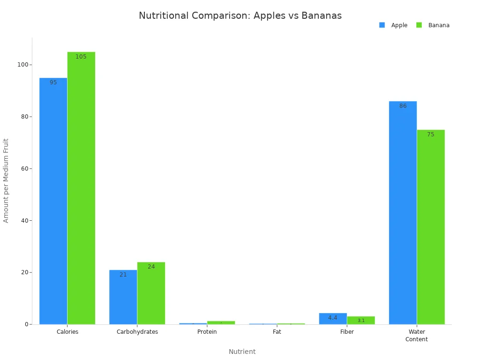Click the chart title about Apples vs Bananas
tap(240, 15)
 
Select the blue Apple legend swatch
tap(382, 25)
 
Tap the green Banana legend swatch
tap(419, 25)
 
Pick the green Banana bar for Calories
tap(81, 187)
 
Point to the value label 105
tap(81, 57)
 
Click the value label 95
tap(53, 82)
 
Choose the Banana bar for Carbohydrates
tap(151, 293)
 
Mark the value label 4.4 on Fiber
tap(333, 318)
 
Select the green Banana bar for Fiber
tap(361, 320)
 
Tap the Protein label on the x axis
tap(207, 332)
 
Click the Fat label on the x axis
tap(277, 332)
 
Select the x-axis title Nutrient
tap(242, 352)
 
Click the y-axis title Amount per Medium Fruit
tap(6, 180)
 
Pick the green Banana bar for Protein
tap(221, 322)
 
